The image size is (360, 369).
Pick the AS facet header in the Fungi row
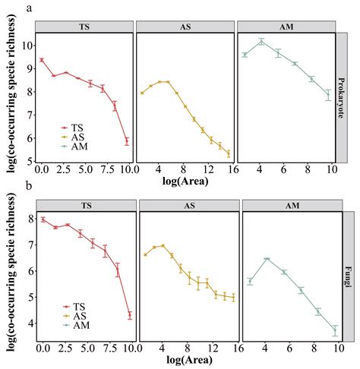pos(187,206)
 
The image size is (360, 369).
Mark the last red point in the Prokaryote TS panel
pos(127,141)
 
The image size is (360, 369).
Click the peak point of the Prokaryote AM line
pos(261,41)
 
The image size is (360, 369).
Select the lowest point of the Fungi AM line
pos(334,330)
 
